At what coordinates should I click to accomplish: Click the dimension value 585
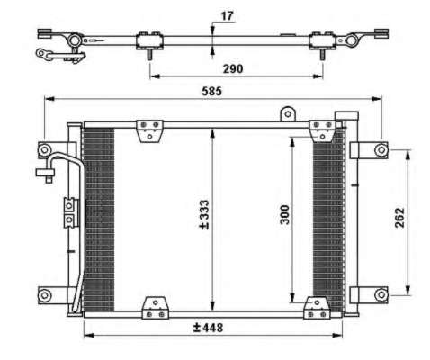pos(211,91)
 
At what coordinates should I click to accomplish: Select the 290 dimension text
pos(233,69)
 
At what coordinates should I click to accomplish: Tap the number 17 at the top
pos(227,16)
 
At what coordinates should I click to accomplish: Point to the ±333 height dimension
pos(204,215)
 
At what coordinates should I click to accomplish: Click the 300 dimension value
pos(284,214)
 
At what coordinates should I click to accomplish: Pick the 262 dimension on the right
pos(399,218)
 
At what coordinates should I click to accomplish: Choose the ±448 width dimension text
pos(208,328)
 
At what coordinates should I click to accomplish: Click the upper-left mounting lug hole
pos(44,149)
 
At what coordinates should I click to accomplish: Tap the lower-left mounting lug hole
pos(45,295)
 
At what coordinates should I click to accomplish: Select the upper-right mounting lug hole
pos(381,149)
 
